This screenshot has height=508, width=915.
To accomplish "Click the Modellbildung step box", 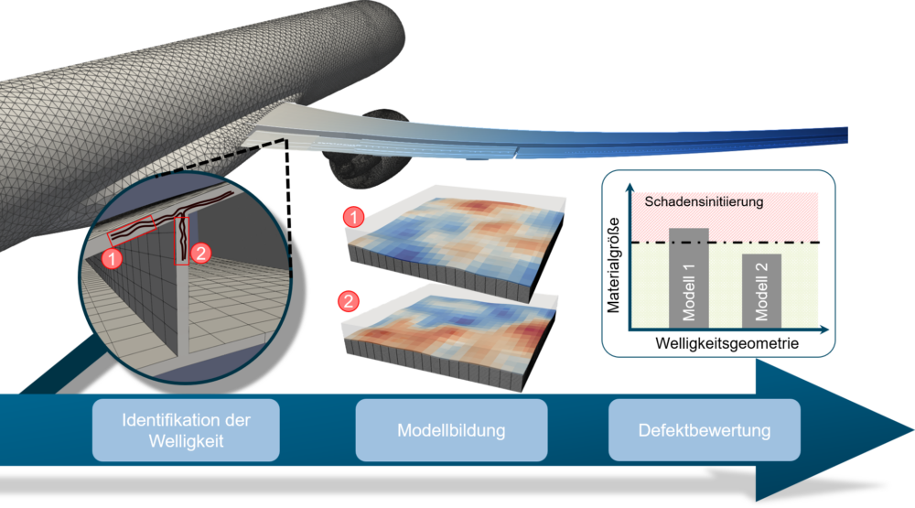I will click(451, 429).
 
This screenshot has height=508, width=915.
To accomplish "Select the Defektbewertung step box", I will click(705, 429).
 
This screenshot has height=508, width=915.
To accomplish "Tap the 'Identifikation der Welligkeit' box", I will click(186, 429).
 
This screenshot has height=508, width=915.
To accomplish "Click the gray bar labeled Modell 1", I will click(689, 276).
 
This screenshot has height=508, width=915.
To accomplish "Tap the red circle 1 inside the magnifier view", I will click(113, 259).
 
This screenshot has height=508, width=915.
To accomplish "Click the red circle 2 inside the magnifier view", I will click(202, 250).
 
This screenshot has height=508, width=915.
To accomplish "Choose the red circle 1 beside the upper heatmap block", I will click(350, 217).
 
